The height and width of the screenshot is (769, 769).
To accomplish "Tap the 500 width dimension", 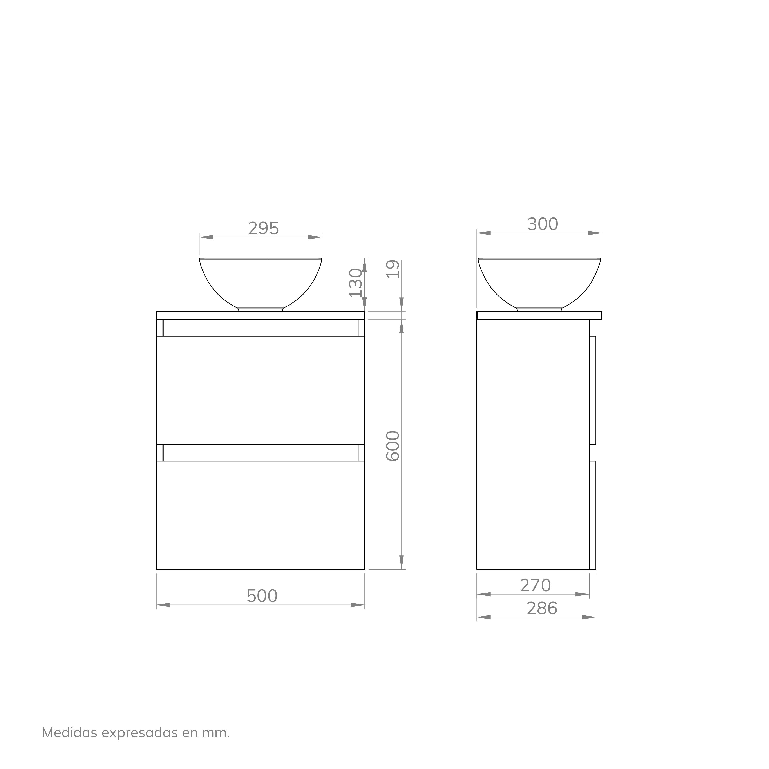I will pyautogui.click(x=262, y=596).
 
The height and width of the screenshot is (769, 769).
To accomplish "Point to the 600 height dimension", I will pyautogui.click(x=393, y=446).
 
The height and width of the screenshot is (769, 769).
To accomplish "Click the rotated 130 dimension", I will pyautogui.click(x=355, y=283).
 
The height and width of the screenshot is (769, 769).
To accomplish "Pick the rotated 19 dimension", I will pyautogui.click(x=393, y=269).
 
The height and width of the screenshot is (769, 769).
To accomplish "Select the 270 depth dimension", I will pyautogui.click(x=535, y=585).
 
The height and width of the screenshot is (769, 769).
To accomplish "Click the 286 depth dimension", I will pyautogui.click(x=542, y=608).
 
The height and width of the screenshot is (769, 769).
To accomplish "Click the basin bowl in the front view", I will pyautogui.click(x=260, y=281).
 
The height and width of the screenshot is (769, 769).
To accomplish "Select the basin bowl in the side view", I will pyautogui.click(x=539, y=281).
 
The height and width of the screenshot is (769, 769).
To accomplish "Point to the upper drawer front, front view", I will pyautogui.click(x=260, y=390).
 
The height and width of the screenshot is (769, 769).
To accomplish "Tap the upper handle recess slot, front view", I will pyautogui.click(x=260, y=328).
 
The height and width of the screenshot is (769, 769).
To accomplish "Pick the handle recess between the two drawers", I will pyautogui.click(x=260, y=452).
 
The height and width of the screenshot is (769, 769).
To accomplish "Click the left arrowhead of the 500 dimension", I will pyautogui.click(x=163, y=605).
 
